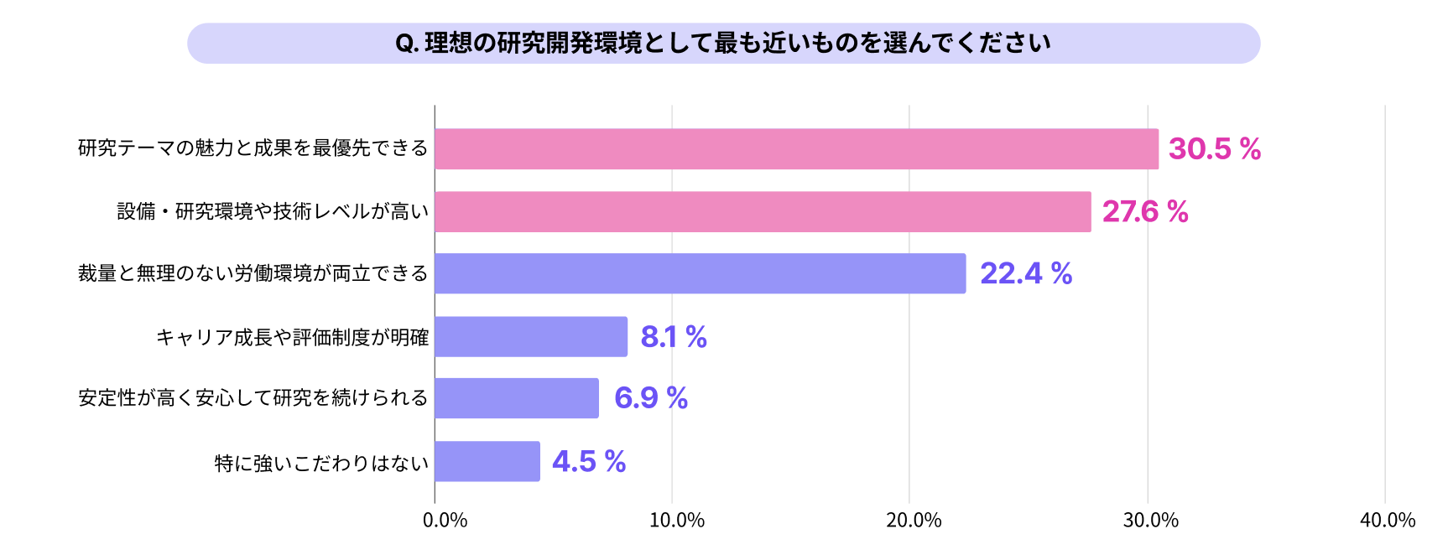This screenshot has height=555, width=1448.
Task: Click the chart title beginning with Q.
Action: point(722,43)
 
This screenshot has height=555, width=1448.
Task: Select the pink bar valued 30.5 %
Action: point(796,149)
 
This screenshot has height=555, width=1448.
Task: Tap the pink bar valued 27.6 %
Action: point(763,211)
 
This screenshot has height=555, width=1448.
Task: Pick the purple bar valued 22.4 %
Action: point(700,273)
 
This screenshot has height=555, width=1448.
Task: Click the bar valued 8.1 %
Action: point(531,336)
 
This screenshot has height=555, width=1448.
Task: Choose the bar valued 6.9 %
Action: point(517,398)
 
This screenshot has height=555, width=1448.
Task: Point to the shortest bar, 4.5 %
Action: point(487,461)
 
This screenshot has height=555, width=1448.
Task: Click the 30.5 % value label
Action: point(1214,149)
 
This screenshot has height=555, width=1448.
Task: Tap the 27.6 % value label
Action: point(1144,211)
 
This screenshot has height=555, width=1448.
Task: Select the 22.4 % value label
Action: point(1025,273)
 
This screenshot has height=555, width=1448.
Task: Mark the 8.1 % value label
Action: point(673,337)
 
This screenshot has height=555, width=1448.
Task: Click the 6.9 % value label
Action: point(650,397)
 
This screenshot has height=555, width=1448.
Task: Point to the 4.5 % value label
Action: point(589,461)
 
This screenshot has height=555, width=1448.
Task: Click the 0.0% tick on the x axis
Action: point(445,521)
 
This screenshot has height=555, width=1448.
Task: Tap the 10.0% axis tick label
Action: point(676,521)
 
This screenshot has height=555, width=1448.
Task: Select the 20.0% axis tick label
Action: point(914,521)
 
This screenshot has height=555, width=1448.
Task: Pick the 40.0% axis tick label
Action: point(1388,521)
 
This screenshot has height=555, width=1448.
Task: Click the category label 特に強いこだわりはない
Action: point(321,463)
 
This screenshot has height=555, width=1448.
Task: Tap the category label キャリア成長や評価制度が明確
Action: point(292,337)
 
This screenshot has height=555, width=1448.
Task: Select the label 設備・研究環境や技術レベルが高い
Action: point(273,211)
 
